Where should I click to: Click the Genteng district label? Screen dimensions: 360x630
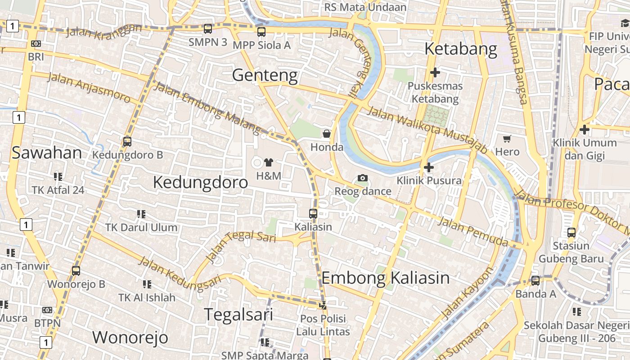tap(265, 75)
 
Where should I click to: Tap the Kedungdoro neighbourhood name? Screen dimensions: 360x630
tap(200, 182)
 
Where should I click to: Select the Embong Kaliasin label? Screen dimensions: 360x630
tap(385, 278)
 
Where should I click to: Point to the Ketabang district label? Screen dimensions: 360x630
tap(461, 49)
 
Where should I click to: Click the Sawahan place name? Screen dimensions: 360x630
tap(47, 153)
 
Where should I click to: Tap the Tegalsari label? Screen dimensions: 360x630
tap(238, 315)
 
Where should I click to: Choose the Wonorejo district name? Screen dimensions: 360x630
tap(130, 337)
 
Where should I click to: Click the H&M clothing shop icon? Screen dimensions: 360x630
tap(269, 162)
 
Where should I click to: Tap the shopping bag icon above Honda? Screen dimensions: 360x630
tap(327, 134)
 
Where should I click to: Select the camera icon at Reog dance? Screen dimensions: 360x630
tap(362, 178)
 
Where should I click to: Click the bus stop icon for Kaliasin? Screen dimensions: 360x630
tap(313, 214)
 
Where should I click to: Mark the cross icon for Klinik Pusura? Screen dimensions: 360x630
tap(429, 167)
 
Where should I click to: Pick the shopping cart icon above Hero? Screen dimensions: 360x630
tap(507, 139)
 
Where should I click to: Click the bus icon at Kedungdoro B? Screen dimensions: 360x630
tap(127, 142)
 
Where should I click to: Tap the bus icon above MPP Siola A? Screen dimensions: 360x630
tap(261, 32)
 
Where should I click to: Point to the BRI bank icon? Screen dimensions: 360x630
tap(36, 44)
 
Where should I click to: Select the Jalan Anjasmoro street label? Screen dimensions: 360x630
tap(89, 87)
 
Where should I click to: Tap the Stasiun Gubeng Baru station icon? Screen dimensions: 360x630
tap(571, 233)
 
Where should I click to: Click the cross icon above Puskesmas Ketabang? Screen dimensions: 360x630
tap(435, 72)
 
